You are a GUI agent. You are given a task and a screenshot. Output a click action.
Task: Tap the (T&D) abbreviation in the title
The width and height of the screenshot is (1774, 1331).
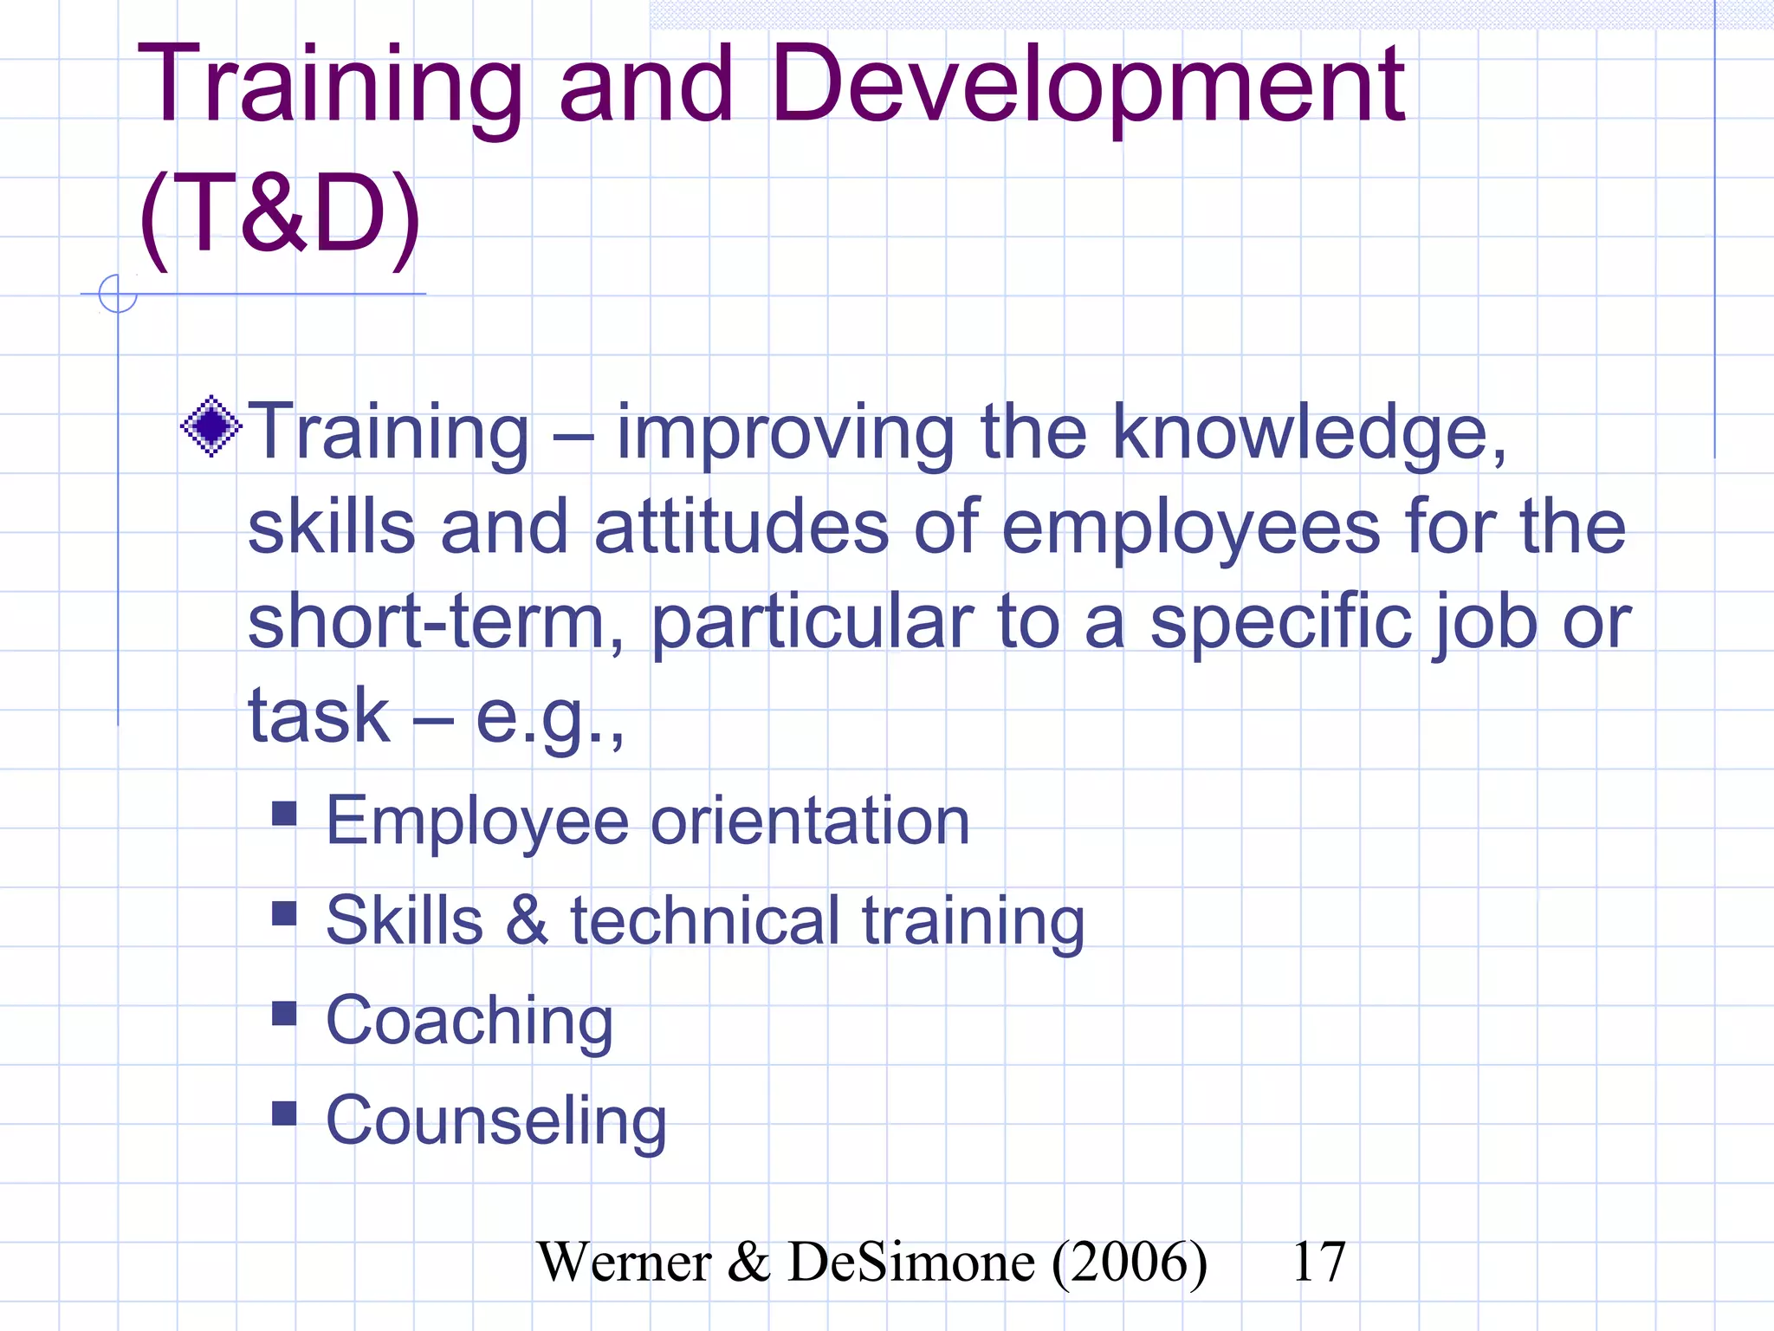click(280, 215)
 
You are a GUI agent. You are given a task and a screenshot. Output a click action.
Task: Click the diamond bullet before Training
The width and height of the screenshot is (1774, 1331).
click(210, 426)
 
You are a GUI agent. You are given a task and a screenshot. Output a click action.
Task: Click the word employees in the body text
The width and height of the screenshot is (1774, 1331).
click(1191, 529)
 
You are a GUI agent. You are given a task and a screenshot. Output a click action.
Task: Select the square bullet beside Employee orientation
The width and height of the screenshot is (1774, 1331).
click(284, 813)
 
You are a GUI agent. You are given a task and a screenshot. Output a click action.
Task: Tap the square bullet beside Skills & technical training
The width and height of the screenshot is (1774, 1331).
click(284, 913)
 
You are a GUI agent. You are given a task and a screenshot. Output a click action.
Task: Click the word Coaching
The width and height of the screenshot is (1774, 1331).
click(469, 1022)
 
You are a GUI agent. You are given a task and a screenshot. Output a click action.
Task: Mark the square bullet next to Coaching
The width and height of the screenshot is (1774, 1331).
click(284, 1013)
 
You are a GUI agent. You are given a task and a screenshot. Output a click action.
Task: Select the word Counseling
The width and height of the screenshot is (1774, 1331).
click(496, 1121)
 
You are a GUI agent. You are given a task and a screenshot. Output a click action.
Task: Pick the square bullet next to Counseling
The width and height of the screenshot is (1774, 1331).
click(284, 1113)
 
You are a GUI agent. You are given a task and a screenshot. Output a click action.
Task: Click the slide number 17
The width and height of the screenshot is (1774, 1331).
click(1318, 1263)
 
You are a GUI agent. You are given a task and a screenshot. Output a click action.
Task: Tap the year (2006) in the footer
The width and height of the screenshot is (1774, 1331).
click(1130, 1263)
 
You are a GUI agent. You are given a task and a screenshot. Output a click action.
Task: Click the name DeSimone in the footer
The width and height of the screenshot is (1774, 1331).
click(910, 1263)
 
